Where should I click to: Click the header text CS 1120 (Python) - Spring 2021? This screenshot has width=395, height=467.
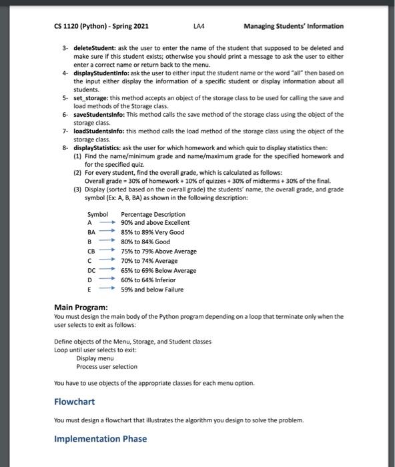pos(101,27)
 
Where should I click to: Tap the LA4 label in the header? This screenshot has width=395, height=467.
pos(197,27)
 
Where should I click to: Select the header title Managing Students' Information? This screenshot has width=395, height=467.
pos(294,27)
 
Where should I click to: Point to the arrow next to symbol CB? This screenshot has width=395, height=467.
pos(109,252)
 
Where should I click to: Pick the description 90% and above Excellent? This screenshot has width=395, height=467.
pos(155,222)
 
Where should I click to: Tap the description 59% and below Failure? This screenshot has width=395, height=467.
pos(151,290)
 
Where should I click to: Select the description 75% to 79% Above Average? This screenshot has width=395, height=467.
pos(158,252)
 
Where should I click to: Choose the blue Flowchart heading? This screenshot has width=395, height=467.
pos(74,402)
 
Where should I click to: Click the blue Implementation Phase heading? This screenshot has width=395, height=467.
pos(100,438)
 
